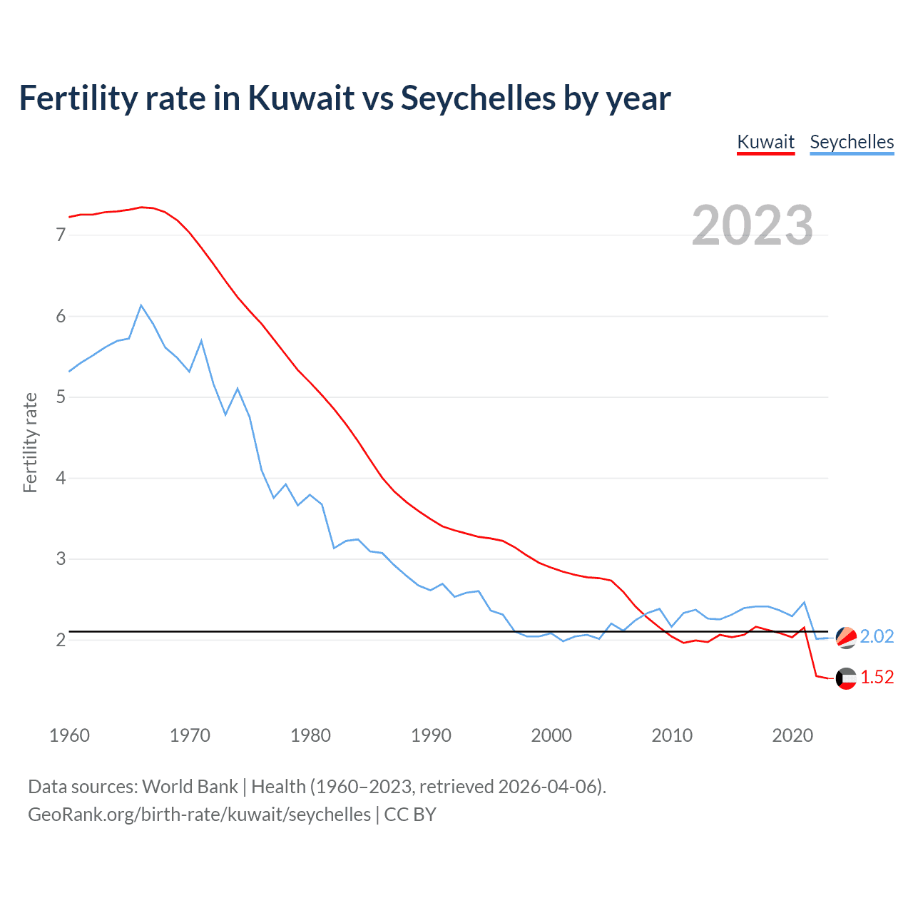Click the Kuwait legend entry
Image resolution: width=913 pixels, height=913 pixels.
point(765,142)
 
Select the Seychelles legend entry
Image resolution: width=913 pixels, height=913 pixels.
point(852,142)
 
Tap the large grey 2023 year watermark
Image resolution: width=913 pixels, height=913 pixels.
point(753,225)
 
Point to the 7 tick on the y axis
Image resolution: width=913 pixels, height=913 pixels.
point(61,235)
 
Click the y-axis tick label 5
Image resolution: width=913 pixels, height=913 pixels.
point(61,397)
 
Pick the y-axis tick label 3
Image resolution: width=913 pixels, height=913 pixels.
point(61,558)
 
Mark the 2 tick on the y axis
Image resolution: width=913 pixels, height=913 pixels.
point(61,640)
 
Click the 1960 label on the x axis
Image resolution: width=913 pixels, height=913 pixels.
point(69,735)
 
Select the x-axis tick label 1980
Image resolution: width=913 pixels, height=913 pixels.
point(310,735)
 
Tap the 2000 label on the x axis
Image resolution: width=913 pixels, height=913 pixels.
point(551,735)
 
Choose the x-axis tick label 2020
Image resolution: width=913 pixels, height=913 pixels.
point(792,735)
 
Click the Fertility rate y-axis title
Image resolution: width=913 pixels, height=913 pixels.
point(30,442)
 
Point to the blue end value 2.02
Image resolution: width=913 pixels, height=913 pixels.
point(877,636)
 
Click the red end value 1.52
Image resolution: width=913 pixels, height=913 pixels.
point(877,677)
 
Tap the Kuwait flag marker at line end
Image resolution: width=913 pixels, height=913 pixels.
point(846,678)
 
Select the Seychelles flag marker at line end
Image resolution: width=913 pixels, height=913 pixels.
point(846,637)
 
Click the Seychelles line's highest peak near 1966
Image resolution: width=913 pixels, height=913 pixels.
point(141,305)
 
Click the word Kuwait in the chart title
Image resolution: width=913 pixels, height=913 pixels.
point(300,98)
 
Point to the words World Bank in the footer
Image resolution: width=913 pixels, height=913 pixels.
point(190,787)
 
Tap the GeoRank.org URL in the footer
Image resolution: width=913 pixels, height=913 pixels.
point(199,815)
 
